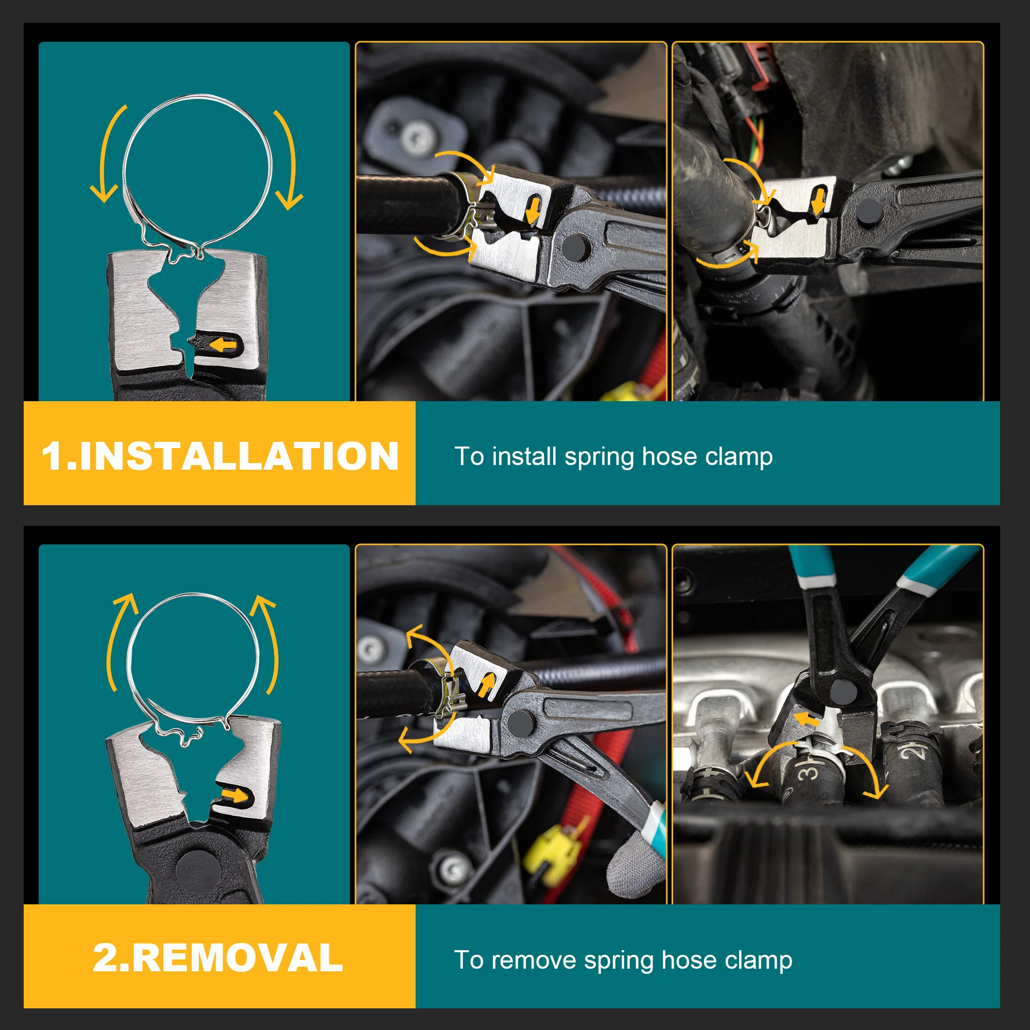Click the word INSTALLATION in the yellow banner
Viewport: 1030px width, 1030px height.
(239, 456)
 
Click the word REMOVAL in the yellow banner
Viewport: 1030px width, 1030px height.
(237, 958)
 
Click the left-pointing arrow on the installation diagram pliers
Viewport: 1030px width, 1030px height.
(223, 346)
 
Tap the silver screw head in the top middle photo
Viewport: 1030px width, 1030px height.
(416, 140)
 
